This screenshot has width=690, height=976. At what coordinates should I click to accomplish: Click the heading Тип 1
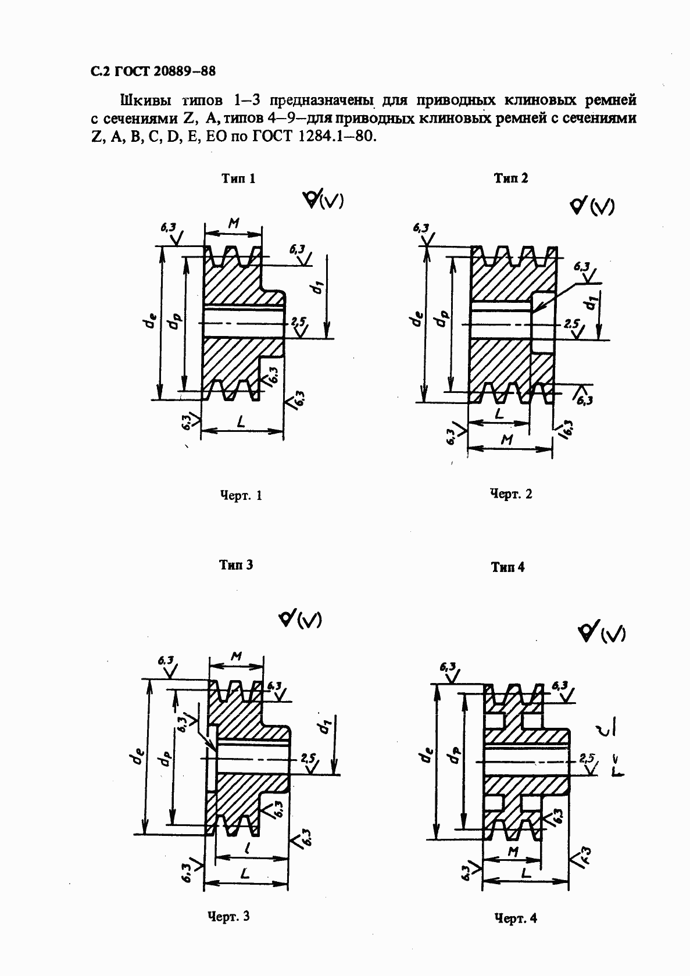pyautogui.click(x=238, y=178)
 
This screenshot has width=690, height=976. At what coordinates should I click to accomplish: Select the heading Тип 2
pyautogui.click(x=511, y=178)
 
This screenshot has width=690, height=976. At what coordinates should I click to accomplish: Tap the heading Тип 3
pyautogui.click(x=236, y=564)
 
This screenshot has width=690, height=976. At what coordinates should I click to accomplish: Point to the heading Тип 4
pyautogui.click(x=507, y=567)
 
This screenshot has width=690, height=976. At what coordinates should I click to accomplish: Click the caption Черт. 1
pyautogui.click(x=241, y=496)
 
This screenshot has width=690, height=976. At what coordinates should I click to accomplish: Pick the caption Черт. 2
pyautogui.click(x=511, y=494)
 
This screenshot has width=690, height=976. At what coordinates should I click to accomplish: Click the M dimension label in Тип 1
pyautogui.click(x=234, y=223)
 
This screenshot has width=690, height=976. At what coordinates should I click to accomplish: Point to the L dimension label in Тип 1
pyautogui.click(x=239, y=420)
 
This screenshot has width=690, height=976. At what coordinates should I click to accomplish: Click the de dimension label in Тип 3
pyautogui.click(x=138, y=757)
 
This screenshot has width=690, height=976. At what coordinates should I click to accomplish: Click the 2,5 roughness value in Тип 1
pyautogui.click(x=299, y=321)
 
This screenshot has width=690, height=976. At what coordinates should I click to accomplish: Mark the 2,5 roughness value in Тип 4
pyautogui.click(x=587, y=757)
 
